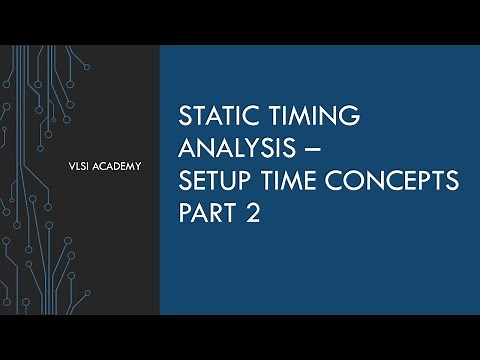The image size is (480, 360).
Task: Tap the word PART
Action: (207, 214)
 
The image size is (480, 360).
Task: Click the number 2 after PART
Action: (253, 214)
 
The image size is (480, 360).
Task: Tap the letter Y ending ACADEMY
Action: (138, 165)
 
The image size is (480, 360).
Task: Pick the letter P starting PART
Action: (185, 214)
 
